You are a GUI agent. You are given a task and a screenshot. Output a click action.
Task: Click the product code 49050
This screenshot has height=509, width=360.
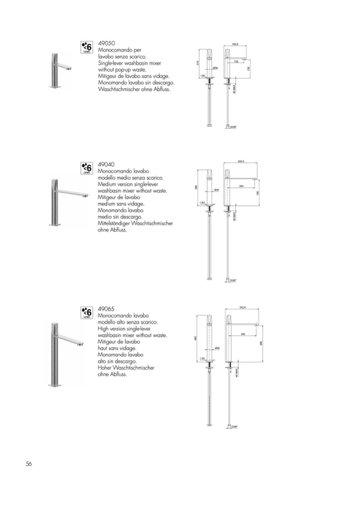[x=107, y=42]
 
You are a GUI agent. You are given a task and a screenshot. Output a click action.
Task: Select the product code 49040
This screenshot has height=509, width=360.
[x=107, y=165]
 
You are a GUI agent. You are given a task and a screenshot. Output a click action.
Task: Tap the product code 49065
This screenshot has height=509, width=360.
[x=107, y=308]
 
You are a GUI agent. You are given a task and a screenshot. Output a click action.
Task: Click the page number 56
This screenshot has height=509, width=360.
[x=29, y=463]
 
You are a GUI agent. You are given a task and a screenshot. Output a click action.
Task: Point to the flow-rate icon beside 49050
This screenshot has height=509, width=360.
[x=87, y=47]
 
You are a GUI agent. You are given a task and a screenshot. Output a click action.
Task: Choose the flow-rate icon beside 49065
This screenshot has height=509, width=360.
[x=87, y=313]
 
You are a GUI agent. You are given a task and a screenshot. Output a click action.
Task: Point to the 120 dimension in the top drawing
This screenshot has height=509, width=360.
[x=237, y=62]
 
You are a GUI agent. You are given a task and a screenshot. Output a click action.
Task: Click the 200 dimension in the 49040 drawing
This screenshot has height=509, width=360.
[x=242, y=186]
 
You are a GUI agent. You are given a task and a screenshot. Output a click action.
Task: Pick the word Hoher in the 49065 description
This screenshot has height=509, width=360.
[x=105, y=367]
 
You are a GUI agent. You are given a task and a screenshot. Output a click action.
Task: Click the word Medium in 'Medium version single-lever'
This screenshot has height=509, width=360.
[x=108, y=184]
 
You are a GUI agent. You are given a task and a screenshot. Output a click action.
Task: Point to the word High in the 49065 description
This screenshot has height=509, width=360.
[x=104, y=329]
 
